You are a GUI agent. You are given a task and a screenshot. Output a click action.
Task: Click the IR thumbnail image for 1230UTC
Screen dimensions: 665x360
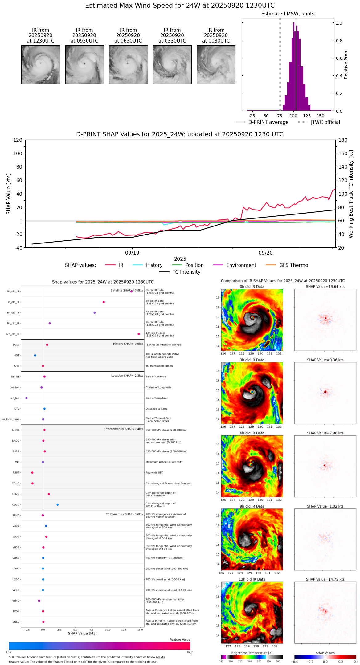click(x=40, y=64)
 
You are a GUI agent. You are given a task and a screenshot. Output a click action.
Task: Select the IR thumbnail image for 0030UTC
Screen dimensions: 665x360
click(x=216, y=64)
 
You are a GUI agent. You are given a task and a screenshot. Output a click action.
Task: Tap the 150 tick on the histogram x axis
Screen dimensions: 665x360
click(x=321, y=116)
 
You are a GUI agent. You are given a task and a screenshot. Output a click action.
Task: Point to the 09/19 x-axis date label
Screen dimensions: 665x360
click(x=132, y=253)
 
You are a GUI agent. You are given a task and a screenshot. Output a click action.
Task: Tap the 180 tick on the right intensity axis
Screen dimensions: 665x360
click(x=343, y=140)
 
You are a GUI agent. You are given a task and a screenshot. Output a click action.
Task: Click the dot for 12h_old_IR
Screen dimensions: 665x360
click(x=139, y=334)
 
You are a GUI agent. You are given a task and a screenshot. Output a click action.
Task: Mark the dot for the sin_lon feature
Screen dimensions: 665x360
click(x=27, y=398)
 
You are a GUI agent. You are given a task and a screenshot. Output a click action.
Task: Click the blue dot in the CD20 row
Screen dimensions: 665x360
click(x=58, y=505)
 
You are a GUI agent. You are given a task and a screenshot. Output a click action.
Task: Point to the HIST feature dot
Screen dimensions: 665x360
click(x=35, y=355)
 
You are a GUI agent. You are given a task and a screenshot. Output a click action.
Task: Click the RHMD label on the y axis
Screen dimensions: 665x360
click(x=15, y=601)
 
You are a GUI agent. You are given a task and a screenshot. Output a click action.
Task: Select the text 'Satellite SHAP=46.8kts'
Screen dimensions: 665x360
click(x=127, y=291)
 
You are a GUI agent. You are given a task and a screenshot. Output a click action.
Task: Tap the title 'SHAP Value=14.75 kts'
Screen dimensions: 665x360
click(x=325, y=579)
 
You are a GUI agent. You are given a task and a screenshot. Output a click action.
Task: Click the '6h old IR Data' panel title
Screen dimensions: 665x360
click(x=252, y=433)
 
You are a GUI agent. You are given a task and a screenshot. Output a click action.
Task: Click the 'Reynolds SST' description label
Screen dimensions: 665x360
click(x=154, y=473)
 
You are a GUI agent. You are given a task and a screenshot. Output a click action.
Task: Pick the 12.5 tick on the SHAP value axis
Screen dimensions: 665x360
click(x=124, y=630)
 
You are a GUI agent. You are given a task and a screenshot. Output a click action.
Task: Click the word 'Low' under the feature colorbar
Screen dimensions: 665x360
click(x=9, y=652)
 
